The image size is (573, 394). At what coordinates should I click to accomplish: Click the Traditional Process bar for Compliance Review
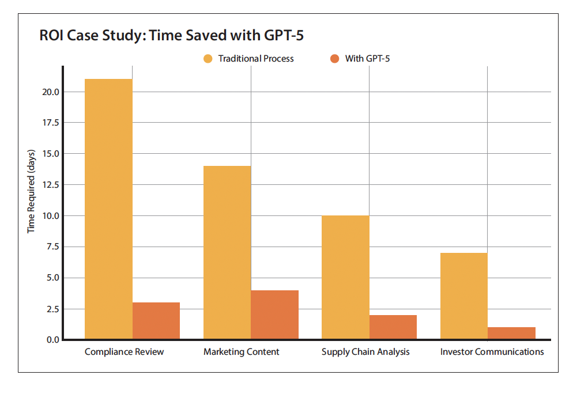(x=108, y=209)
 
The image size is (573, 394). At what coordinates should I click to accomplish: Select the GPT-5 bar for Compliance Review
(x=156, y=321)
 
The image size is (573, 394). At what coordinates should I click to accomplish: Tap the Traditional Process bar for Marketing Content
(x=227, y=252)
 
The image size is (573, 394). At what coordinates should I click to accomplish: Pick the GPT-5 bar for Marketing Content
(x=274, y=315)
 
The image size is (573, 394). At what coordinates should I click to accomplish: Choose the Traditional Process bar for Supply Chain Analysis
(x=345, y=277)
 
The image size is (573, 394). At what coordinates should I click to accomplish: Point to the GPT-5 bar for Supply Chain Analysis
(x=393, y=327)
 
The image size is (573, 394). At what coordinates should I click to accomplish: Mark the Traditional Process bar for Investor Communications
(x=463, y=295)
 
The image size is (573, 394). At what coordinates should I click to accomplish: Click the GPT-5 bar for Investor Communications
(x=511, y=333)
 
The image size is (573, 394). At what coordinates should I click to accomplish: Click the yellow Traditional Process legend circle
(x=208, y=59)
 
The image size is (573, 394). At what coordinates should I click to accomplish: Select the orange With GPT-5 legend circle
(x=334, y=59)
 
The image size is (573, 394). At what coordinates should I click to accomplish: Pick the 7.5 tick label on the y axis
(x=51, y=247)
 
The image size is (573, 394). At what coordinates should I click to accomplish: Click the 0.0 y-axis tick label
(x=51, y=340)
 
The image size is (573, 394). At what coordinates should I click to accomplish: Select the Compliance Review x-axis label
(x=124, y=352)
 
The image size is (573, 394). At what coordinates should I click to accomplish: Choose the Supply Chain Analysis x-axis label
(x=365, y=352)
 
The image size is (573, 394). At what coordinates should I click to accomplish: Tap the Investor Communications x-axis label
(x=492, y=352)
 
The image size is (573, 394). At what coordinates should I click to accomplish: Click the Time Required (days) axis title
(x=32, y=191)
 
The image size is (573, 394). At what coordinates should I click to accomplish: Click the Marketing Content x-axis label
(x=242, y=352)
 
